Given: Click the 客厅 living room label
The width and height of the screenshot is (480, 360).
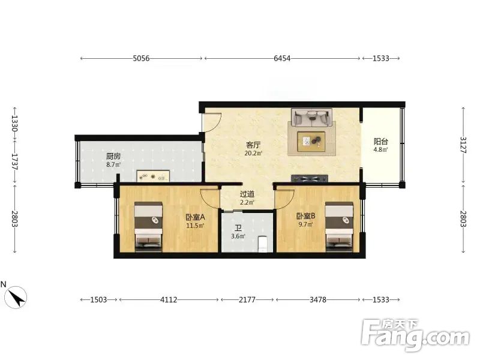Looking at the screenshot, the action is coord(253,145).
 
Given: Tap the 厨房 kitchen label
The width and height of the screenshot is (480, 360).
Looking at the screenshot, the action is coord(113,156).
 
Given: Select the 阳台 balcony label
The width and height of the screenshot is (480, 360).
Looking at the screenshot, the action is coord(381,142).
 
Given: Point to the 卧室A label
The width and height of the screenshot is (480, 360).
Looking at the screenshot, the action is coord(195,217).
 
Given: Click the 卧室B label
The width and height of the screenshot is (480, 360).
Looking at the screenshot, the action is coord(305,216).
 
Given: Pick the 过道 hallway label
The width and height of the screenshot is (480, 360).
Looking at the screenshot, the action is coord(247,194).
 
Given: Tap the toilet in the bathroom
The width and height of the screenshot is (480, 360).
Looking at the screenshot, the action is coord(263,244).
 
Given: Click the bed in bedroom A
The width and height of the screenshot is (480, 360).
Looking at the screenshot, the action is coord(148,227).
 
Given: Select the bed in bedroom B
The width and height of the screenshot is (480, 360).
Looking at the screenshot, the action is coord(339,227).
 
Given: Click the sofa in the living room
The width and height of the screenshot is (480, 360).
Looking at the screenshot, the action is coord(311,117).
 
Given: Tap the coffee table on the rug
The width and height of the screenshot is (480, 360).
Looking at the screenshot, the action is coord(311,141).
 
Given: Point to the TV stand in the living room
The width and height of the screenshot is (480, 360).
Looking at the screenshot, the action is coord(310,178).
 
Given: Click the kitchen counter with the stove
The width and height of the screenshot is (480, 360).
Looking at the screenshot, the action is coord(153,176).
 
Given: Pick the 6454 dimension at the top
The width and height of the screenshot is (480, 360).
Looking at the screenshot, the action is coord(282,58).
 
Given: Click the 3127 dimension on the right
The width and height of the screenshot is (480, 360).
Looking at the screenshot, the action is coord(463,145).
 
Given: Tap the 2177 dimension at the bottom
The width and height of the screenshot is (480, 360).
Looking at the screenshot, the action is coord(247,299).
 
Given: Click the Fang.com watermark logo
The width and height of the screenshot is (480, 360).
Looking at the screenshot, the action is coord(415,335).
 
